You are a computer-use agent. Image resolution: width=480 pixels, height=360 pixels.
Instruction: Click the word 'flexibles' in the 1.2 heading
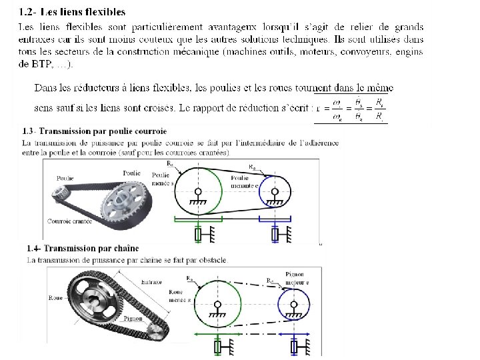pos(103,12)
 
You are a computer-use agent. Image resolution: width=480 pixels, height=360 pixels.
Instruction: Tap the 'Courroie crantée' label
pos(69,221)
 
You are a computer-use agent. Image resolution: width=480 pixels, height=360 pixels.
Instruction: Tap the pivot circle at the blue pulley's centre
pos(275,191)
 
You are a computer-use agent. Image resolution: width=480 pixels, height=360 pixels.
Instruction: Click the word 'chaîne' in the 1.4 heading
pos(125,249)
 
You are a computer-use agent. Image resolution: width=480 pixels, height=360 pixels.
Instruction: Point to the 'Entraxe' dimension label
pos(152,283)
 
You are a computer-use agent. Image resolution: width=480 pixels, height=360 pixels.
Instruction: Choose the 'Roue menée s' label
pos(178,296)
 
